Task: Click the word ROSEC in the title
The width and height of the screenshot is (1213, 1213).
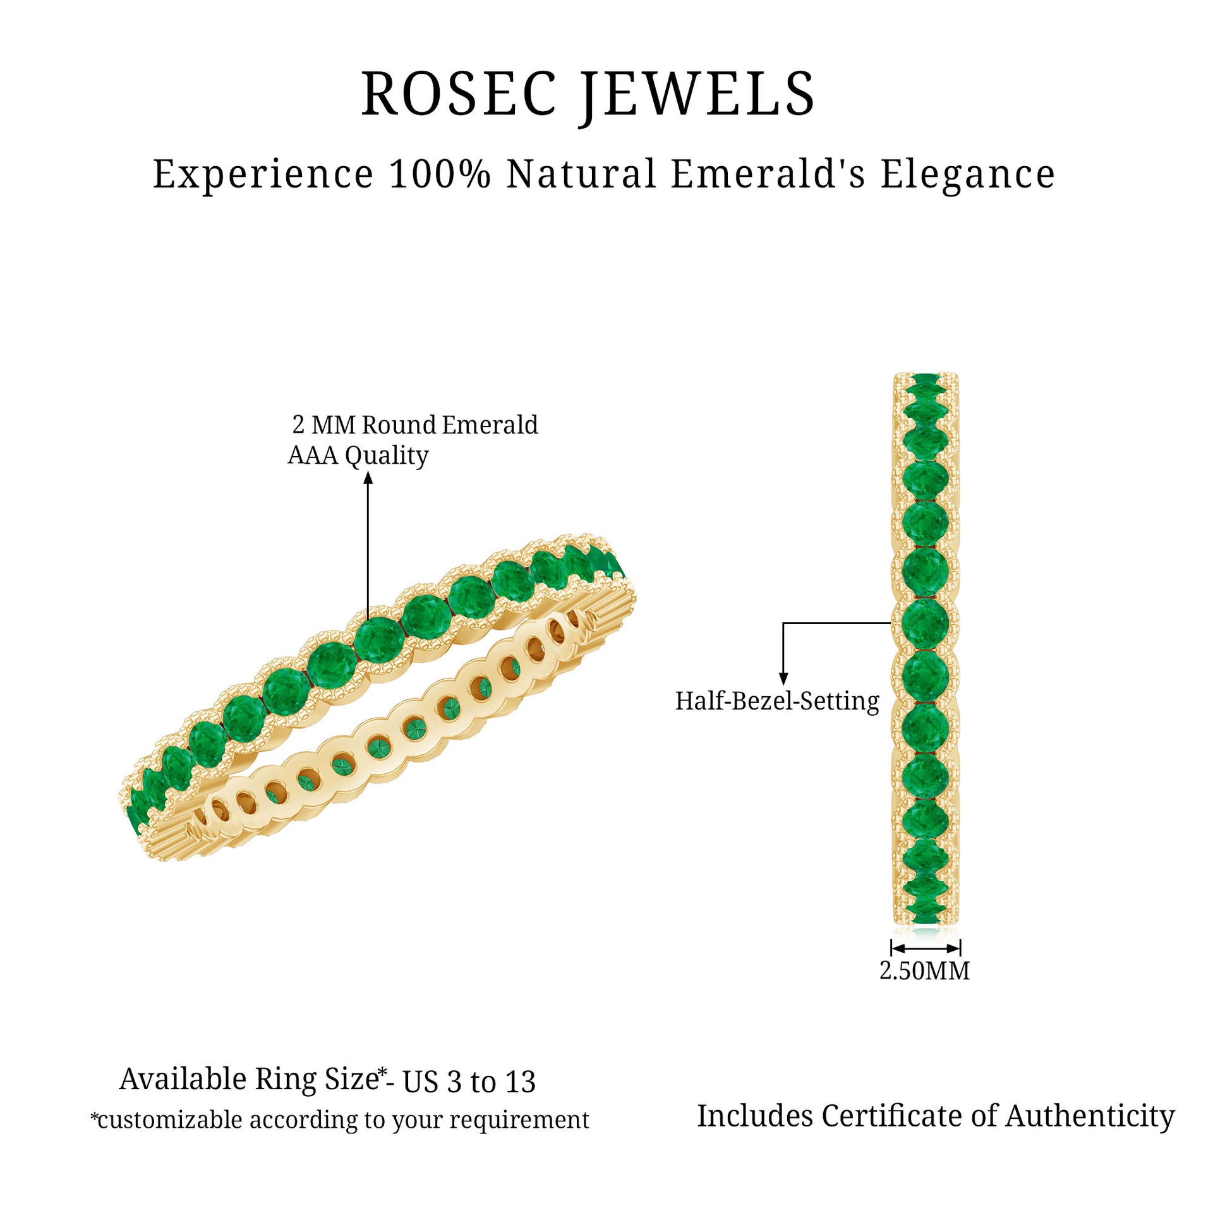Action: click(458, 94)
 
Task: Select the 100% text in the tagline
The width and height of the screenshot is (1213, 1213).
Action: click(440, 174)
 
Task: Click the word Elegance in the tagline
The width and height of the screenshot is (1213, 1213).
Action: click(968, 174)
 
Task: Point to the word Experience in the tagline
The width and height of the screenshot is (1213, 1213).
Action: click(263, 175)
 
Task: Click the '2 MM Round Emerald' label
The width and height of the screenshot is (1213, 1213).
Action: click(415, 425)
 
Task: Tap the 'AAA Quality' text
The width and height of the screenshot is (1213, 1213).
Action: click(358, 456)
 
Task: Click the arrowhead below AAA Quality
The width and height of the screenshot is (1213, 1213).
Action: click(368, 478)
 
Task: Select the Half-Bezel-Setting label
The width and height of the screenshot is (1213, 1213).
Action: click(777, 702)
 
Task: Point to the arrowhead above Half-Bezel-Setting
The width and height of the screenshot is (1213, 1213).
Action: click(783, 679)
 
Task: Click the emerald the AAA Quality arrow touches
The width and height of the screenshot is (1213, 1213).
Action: click(378, 639)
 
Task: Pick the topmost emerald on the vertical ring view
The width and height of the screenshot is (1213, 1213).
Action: click(926, 380)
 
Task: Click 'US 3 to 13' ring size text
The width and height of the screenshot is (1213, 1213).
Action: click(469, 1082)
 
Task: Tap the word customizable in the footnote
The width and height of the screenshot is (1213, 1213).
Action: click(171, 1120)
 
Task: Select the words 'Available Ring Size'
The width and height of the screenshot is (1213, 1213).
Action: click(249, 1080)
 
